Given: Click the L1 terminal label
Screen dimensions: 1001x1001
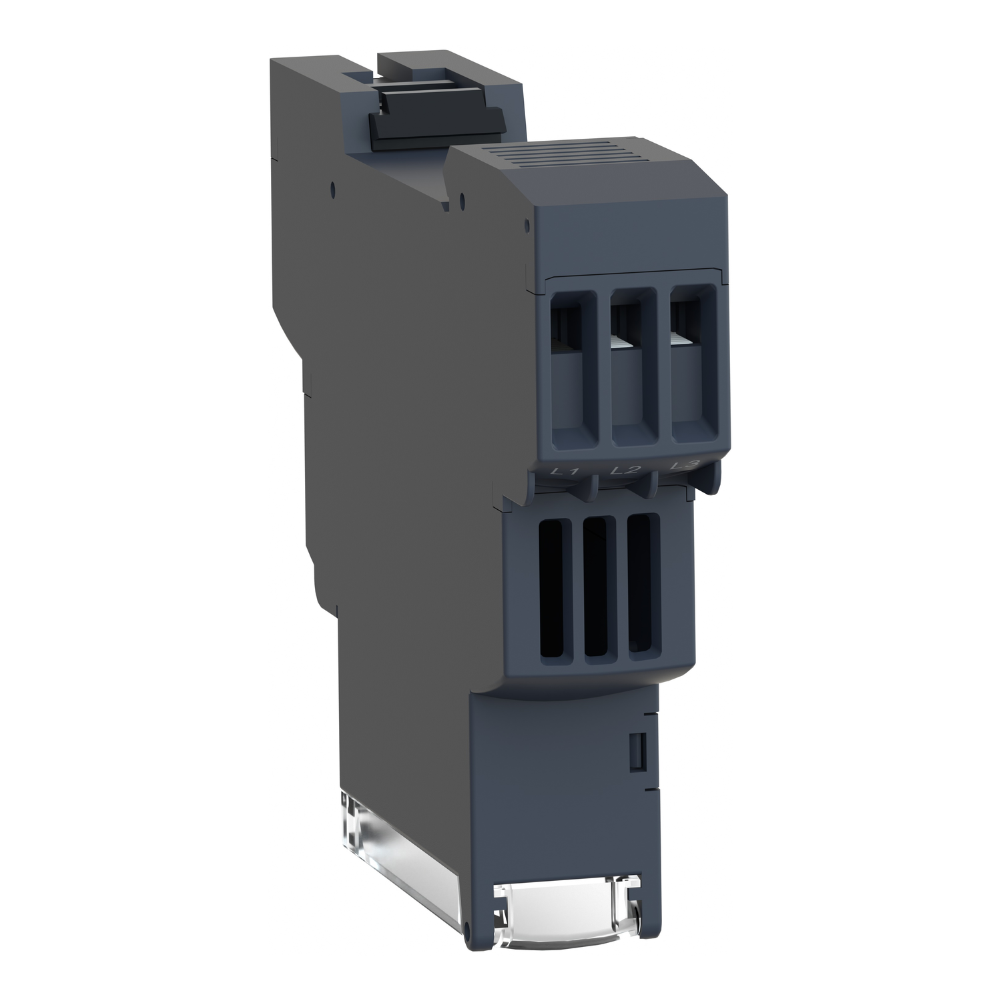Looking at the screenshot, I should (566, 473).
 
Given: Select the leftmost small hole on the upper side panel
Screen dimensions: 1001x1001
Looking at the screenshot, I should (332, 188).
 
